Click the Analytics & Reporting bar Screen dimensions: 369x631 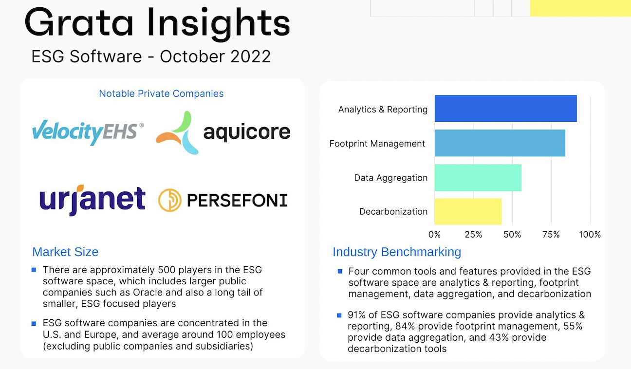point(505,109)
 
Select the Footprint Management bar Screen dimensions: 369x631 point(500,143)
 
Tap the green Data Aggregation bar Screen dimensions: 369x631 point(478,177)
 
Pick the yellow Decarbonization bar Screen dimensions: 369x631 point(468,211)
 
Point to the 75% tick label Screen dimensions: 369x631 point(551,235)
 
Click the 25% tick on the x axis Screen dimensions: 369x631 point(473,235)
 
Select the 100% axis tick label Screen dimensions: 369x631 point(590,235)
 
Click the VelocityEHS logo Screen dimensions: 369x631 point(88,132)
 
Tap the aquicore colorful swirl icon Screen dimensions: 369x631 point(177,132)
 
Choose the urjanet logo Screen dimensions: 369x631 point(92,200)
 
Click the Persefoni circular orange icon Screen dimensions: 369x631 point(169,200)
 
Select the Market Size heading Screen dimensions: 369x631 point(65,252)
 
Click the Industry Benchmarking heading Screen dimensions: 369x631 point(396,252)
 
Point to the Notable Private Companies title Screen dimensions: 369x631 point(161,93)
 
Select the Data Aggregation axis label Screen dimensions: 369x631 point(390,178)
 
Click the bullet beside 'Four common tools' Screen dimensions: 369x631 point(339,271)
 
